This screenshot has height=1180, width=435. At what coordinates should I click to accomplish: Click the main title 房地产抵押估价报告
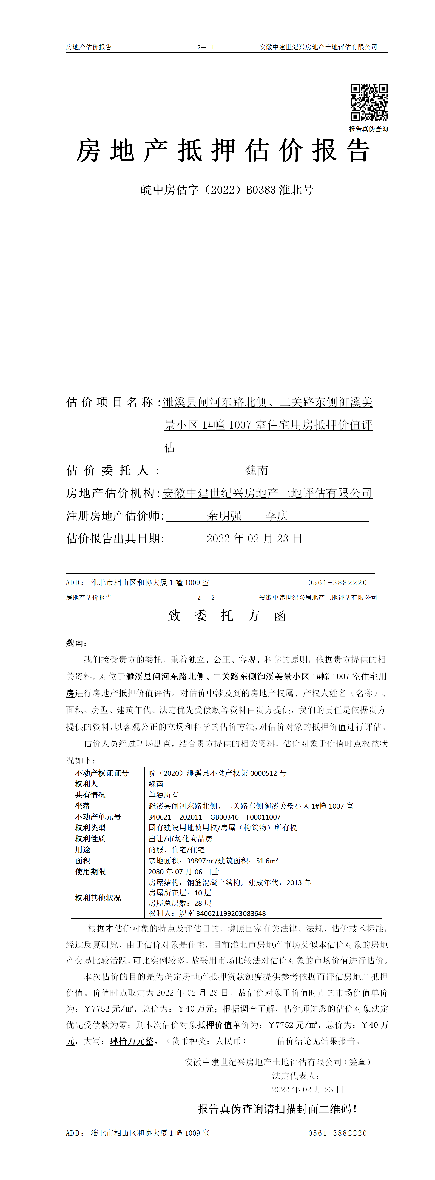point(223,151)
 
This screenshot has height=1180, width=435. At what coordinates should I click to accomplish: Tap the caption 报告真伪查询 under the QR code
point(368,129)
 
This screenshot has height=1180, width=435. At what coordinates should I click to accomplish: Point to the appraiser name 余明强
point(224,516)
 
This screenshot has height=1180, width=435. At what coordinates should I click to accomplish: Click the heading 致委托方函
point(227,616)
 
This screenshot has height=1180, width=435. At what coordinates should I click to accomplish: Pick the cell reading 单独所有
point(164,795)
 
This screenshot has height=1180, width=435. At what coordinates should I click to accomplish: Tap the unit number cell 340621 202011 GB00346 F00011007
point(214,817)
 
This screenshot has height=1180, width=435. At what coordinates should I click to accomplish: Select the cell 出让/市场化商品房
point(180,839)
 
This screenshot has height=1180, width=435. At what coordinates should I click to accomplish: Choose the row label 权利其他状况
point(98,898)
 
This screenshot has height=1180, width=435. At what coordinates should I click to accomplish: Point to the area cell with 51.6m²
point(213,861)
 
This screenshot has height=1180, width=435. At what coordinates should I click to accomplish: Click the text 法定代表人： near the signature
point(296,1076)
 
